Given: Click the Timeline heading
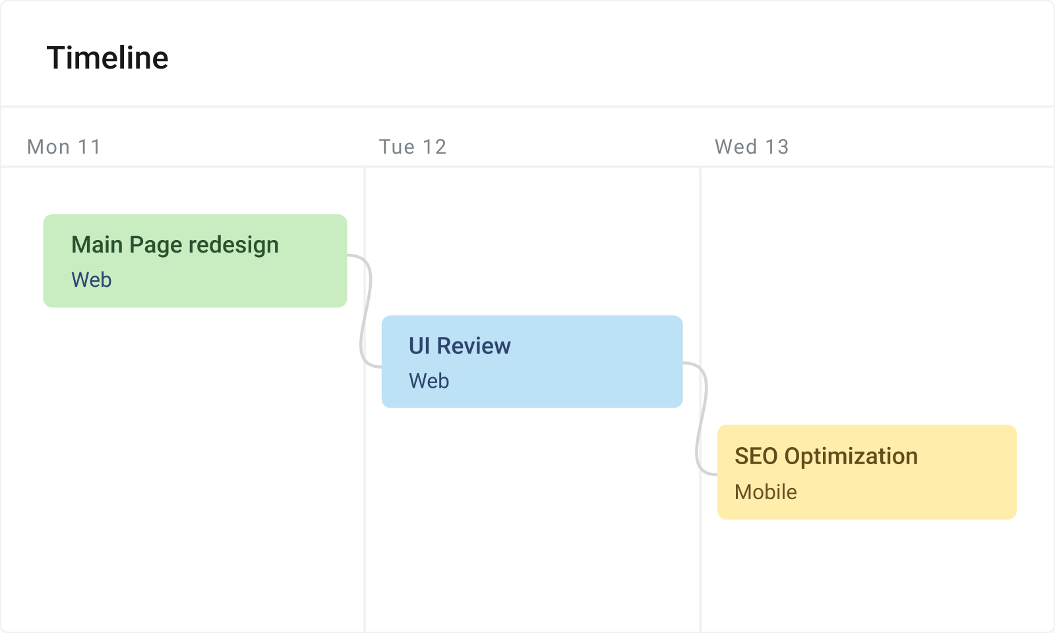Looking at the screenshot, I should (107, 58).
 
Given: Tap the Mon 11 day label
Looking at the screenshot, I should (64, 146).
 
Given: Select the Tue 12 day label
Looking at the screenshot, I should (413, 146).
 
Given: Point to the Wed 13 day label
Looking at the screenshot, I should (752, 146).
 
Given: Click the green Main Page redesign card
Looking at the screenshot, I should (195, 261).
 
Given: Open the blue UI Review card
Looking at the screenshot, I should (531, 362).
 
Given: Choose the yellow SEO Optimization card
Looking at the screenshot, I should (866, 472).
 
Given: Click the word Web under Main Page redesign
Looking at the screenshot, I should (92, 280).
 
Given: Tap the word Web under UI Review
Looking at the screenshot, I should (429, 381).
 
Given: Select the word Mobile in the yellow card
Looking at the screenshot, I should (766, 492).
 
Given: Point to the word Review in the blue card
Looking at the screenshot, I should (473, 346).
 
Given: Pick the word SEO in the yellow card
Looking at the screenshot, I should (756, 456).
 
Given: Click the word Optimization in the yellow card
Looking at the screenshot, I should (851, 456).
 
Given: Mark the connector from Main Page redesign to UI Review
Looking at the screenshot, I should (365, 310).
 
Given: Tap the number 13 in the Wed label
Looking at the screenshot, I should (777, 146).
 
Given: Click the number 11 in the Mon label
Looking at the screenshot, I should (89, 146).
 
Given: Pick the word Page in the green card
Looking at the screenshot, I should (156, 245).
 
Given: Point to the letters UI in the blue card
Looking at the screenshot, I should (419, 346).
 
